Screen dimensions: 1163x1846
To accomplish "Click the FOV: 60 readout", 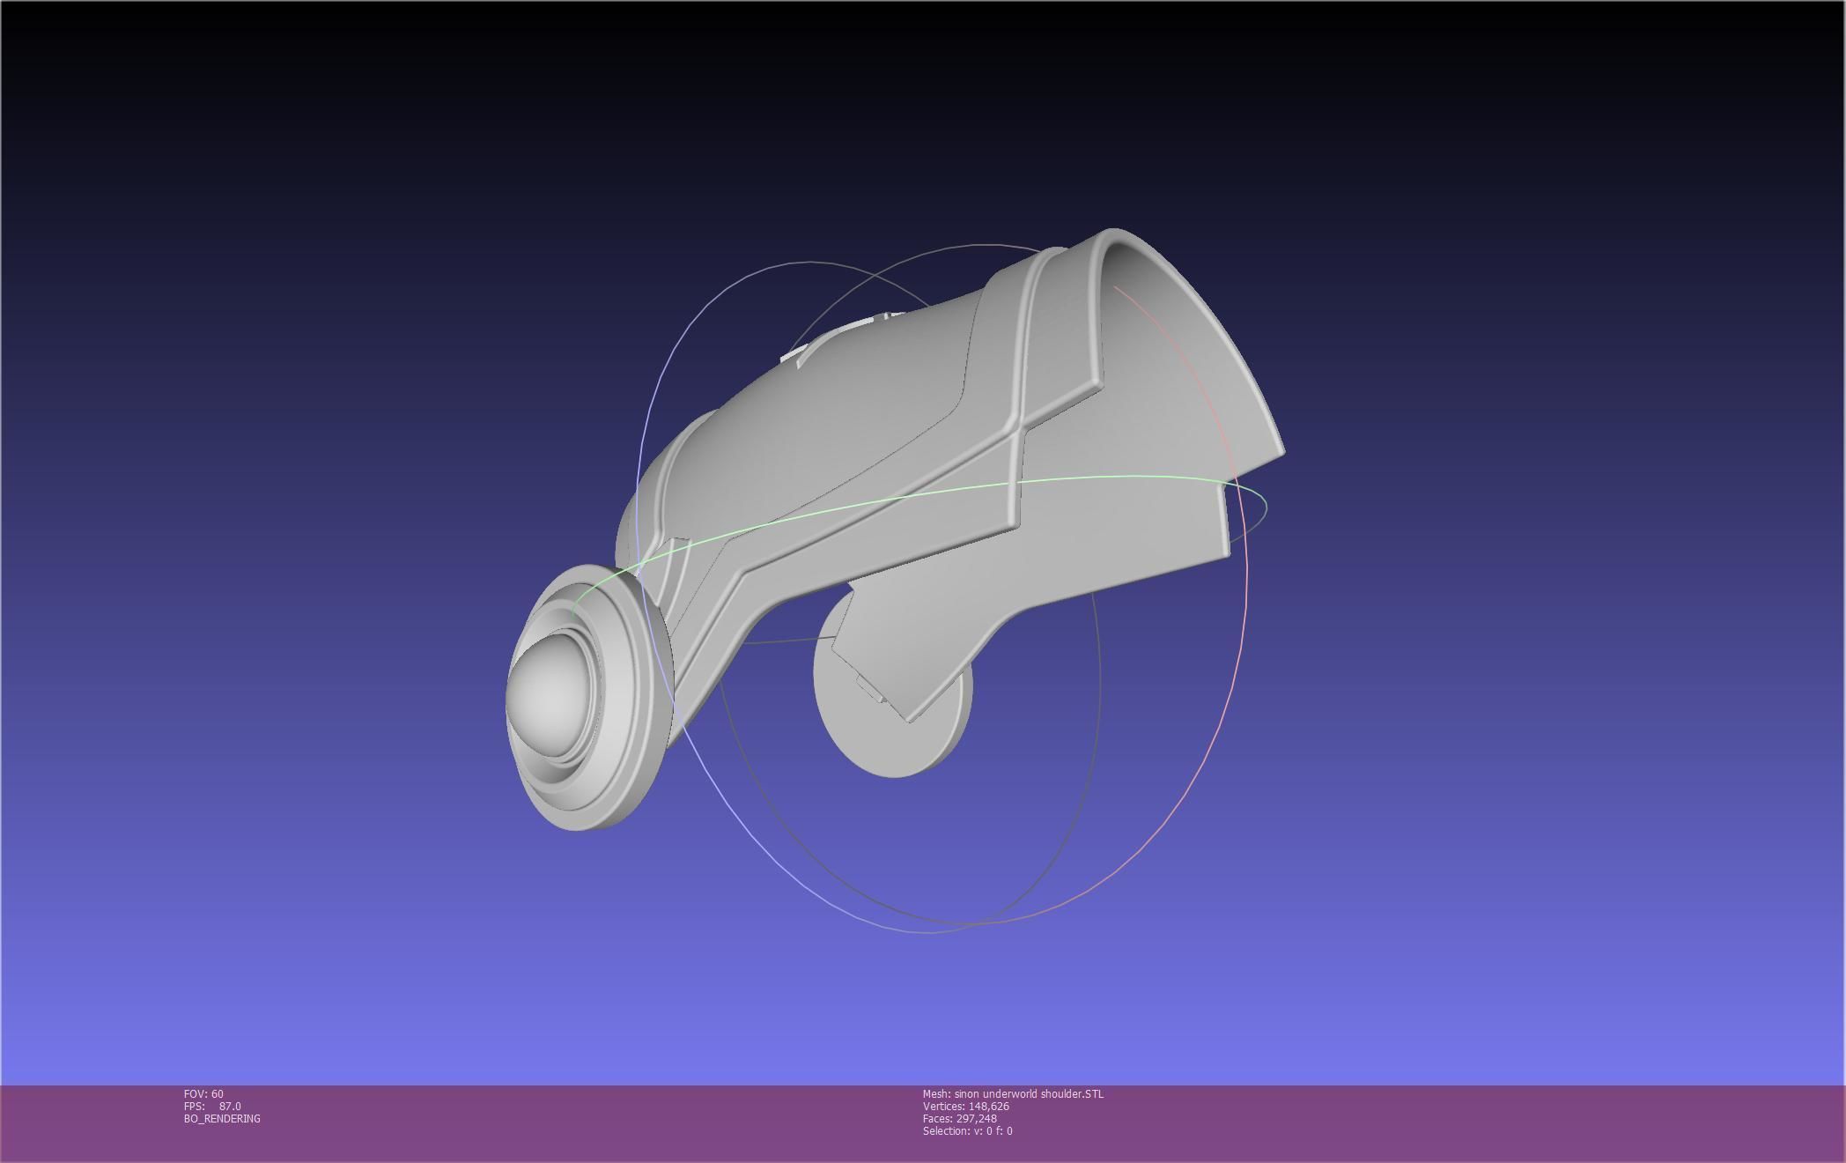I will tap(203, 1094).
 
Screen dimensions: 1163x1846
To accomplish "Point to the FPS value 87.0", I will tap(230, 1107).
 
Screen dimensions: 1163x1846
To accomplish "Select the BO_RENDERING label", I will tap(222, 1119).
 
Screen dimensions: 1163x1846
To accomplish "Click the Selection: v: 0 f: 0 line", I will tap(967, 1131).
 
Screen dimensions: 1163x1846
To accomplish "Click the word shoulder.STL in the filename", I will tap(1072, 1094).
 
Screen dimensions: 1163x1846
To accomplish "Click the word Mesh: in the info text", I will tap(936, 1094).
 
